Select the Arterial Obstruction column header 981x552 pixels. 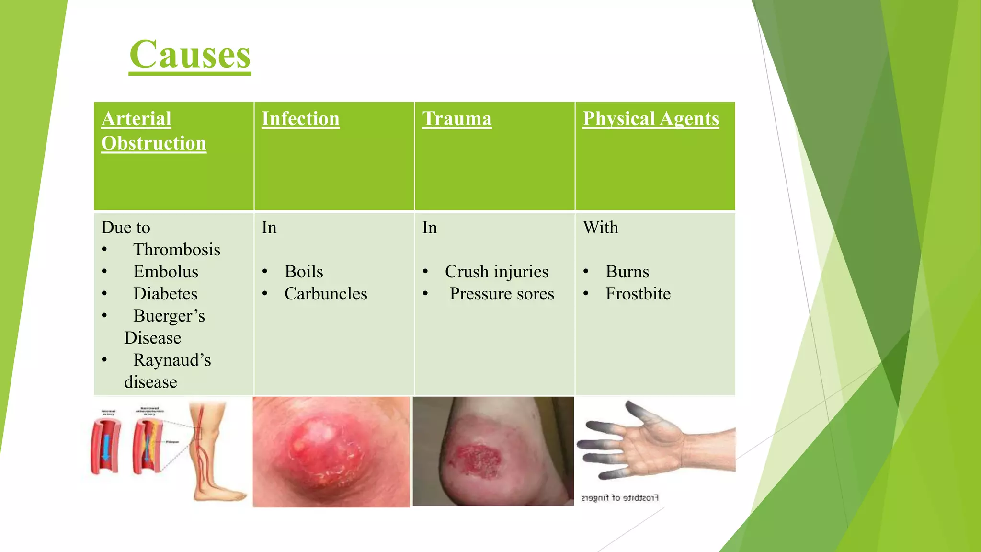(153, 131)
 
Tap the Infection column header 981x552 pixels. (300, 119)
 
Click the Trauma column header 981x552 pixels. (456, 119)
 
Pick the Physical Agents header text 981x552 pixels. (650, 119)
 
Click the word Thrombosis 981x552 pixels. (176, 250)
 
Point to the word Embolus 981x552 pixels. (165, 272)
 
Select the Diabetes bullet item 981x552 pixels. (165, 294)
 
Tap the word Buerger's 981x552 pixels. (169, 316)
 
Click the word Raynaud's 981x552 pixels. (171, 360)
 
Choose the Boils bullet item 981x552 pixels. (304, 272)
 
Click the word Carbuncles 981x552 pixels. (326, 294)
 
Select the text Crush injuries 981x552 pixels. (496, 272)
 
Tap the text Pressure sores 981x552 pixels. (502, 294)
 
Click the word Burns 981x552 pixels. (627, 272)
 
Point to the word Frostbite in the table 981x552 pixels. (638, 294)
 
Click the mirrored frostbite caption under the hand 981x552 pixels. (620, 498)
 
